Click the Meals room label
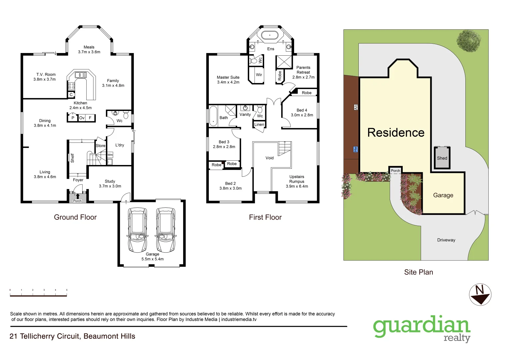pos(89,49)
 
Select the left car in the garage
pos(137,230)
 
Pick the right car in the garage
pos(166,230)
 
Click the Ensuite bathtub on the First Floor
pos(269,35)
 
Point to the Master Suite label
pos(228,80)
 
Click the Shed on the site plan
pos(442,158)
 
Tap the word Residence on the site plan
pos(396,133)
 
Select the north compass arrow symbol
pos(480,295)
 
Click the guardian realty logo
pos(422,328)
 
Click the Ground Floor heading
pos(75,217)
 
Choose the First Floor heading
pos(265,217)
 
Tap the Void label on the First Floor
pos(269,158)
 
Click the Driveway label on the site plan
pos(446,240)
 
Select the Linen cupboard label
pos(259,125)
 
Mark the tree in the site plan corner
pos(469,41)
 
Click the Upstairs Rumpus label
pos(297,181)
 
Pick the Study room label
pos(110,184)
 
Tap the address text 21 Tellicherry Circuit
pos(73,336)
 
